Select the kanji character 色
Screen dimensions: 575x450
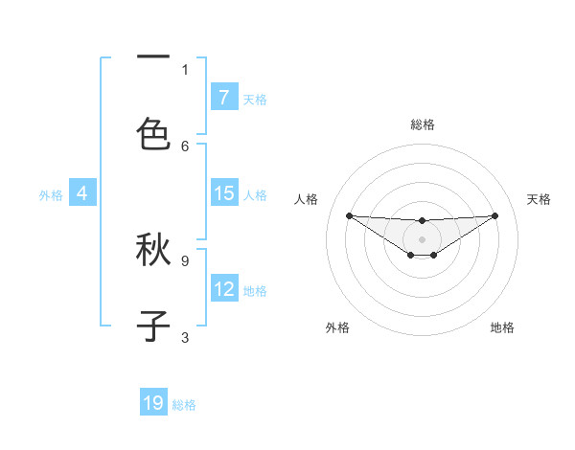tap(153, 132)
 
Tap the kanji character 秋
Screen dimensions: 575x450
tap(153, 251)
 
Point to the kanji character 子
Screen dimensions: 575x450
tap(153, 326)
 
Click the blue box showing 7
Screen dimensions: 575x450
tap(223, 97)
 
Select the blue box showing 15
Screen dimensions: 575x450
tap(223, 193)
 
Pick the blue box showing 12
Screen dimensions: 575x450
tap(223, 289)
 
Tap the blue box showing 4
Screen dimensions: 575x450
tap(82, 193)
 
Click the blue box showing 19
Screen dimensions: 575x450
tap(153, 403)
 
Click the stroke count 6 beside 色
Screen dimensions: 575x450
tap(185, 146)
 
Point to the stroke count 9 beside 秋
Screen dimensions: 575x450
tap(185, 259)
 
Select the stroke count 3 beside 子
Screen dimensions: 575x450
tap(185, 336)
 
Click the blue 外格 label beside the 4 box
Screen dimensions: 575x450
tap(51, 195)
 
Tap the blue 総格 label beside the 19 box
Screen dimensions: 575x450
tap(184, 405)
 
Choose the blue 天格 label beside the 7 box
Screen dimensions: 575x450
tap(255, 99)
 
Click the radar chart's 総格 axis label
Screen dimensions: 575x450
tap(423, 124)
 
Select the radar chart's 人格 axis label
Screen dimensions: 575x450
tap(307, 199)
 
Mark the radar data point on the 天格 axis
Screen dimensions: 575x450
tap(494, 215)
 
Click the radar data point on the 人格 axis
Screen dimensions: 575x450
tap(349, 215)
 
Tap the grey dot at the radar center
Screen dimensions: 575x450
tap(423, 238)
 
